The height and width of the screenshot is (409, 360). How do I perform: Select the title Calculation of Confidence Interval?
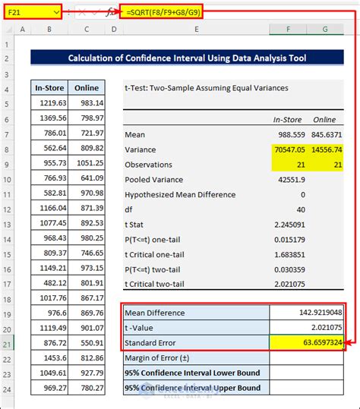click(186, 58)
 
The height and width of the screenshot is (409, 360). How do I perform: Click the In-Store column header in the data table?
click(50, 87)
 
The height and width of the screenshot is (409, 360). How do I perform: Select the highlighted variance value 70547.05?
click(288, 149)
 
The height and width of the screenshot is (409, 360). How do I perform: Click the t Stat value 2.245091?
click(288, 225)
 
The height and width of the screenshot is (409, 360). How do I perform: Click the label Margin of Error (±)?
click(164, 358)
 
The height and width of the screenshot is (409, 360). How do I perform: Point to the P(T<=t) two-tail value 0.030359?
click(288, 269)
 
